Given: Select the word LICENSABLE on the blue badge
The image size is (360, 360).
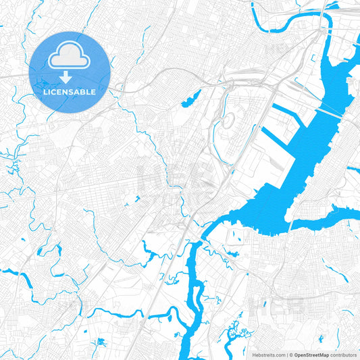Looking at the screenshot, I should click(69, 92).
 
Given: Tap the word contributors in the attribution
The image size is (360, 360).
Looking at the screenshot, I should click(344, 355).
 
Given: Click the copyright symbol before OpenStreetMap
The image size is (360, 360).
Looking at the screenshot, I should click(291, 355).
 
